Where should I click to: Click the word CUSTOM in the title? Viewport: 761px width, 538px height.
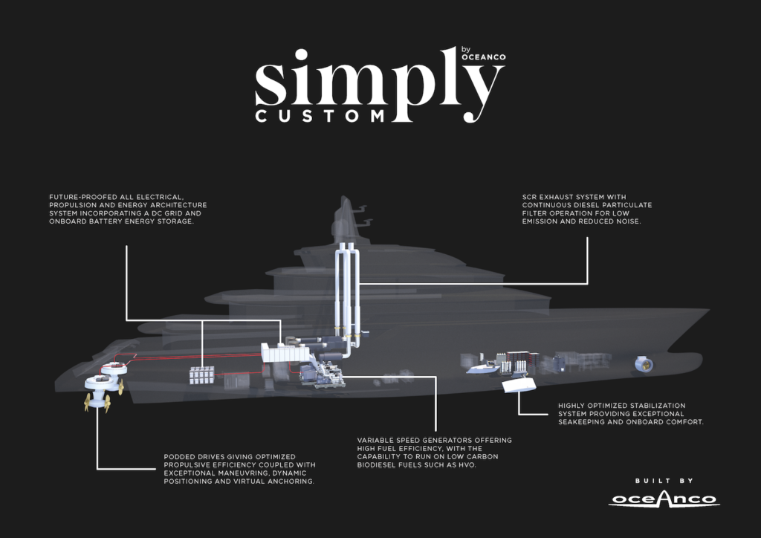319,116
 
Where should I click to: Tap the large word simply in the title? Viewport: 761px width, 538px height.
379,80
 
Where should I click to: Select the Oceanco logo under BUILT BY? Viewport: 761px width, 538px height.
664,499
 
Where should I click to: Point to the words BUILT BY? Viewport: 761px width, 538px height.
664,480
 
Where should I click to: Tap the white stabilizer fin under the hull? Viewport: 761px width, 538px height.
519,386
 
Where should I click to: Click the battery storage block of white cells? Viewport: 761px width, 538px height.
201,374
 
